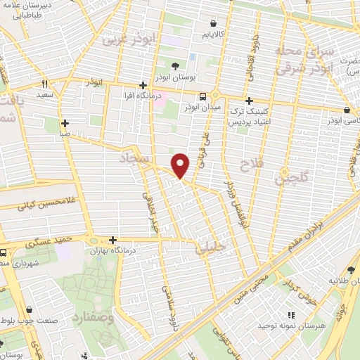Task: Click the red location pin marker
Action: click(181, 165)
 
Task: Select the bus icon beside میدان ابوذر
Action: click(202, 97)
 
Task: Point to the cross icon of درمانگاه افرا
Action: click(143, 84)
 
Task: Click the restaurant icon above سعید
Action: click(45, 83)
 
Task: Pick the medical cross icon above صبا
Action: click(64, 122)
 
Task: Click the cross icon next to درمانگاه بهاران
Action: click(112, 240)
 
